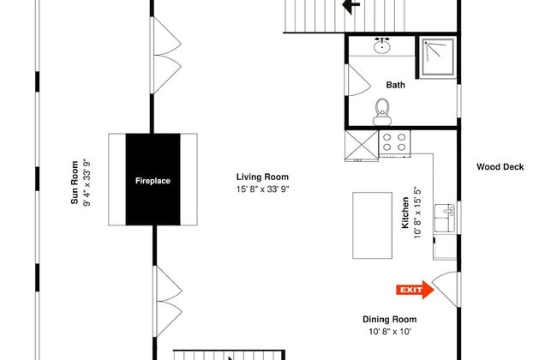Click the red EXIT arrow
[x=415, y=290]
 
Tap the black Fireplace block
[x=153, y=179]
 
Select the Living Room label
[x=262, y=177]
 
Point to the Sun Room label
[x=75, y=183]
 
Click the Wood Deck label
[x=500, y=166]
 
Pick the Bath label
[x=395, y=85]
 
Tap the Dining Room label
[x=389, y=319]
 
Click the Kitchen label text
[x=405, y=213]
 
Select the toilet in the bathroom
[x=382, y=112]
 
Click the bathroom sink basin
[x=382, y=45]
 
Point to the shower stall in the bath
[x=438, y=57]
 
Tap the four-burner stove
[x=394, y=143]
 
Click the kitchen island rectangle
[x=372, y=225]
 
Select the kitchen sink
[x=445, y=218]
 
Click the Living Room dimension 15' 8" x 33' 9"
[x=262, y=189]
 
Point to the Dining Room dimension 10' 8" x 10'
[x=390, y=332]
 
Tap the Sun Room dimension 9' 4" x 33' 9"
[x=87, y=183]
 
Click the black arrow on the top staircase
[x=351, y=6]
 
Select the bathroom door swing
[x=358, y=80]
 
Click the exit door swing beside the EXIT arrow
[x=446, y=289]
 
